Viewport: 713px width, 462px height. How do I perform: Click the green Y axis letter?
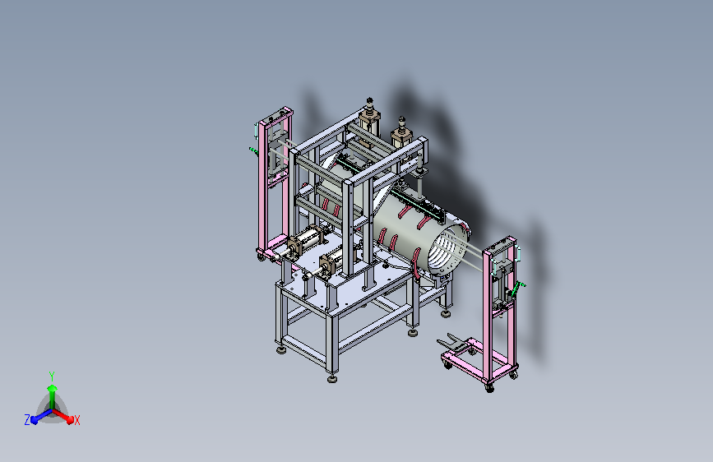[52, 376]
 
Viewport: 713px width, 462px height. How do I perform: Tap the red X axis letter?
[76, 421]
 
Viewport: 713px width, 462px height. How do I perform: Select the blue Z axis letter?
[27, 420]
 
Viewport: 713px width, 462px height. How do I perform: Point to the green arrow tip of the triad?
[53, 388]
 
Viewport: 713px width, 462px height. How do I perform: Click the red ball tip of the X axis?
[70, 420]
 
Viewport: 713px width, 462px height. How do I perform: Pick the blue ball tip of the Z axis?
[34, 420]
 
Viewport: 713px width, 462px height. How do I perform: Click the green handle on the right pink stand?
[517, 289]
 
